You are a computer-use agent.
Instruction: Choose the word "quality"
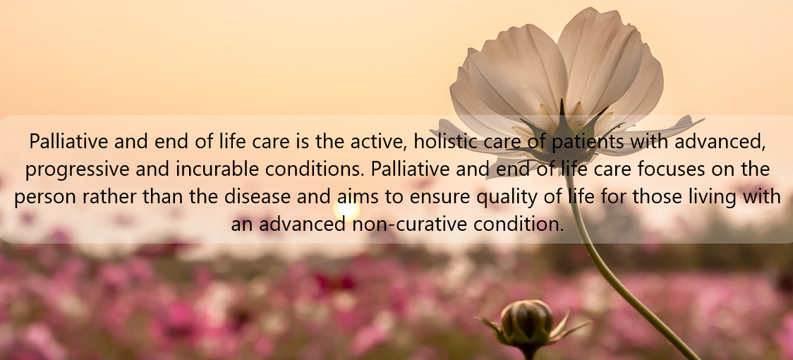(507, 198)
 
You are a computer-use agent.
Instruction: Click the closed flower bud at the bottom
(526, 322)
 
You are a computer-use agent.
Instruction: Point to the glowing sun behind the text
(346, 210)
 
